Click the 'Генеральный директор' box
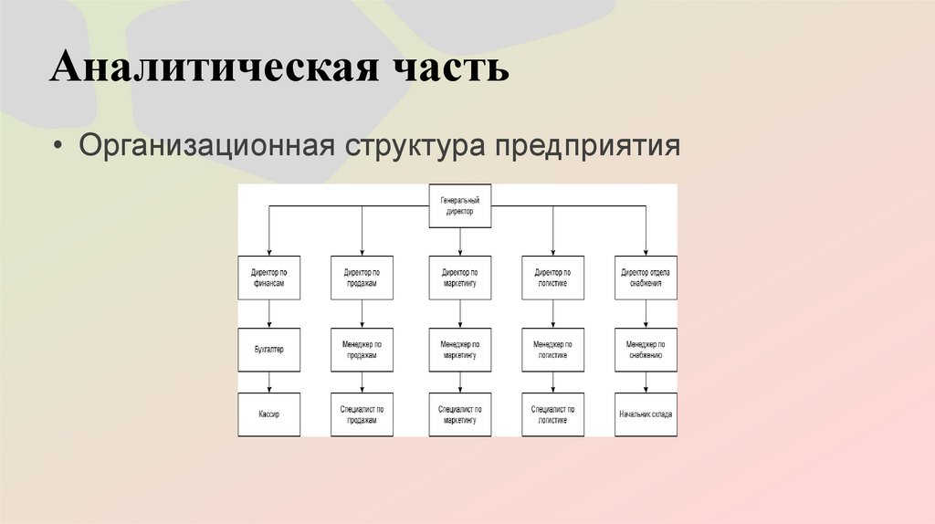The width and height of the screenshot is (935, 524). click(x=460, y=205)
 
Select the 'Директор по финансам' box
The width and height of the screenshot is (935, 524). click(x=268, y=278)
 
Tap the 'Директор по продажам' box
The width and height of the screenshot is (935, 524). click(x=362, y=278)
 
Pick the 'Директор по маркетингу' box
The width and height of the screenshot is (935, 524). click(x=460, y=278)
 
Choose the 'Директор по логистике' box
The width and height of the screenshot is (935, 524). click(x=552, y=278)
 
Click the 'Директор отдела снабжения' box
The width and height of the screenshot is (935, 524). click(x=646, y=278)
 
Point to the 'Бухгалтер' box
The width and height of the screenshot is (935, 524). click(x=268, y=349)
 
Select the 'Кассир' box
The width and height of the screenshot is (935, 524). click(x=268, y=414)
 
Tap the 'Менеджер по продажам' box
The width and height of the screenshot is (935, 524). click(x=362, y=349)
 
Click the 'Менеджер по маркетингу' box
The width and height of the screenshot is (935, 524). click(x=460, y=349)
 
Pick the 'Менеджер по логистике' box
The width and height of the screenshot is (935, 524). click(x=552, y=349)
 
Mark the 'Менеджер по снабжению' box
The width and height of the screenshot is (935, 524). click(x=646, y=349)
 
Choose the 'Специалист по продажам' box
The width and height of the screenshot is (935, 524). click(x=362, y=414)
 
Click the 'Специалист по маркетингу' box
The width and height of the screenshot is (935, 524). click(x=460, y=414)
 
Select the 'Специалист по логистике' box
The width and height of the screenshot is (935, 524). click(x=552, y=414)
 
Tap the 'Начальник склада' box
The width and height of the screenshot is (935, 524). click(x=646, y=414)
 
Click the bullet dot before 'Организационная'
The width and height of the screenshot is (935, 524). click(x=60, y=146)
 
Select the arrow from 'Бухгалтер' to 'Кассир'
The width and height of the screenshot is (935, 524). click(x=268, y=383)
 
